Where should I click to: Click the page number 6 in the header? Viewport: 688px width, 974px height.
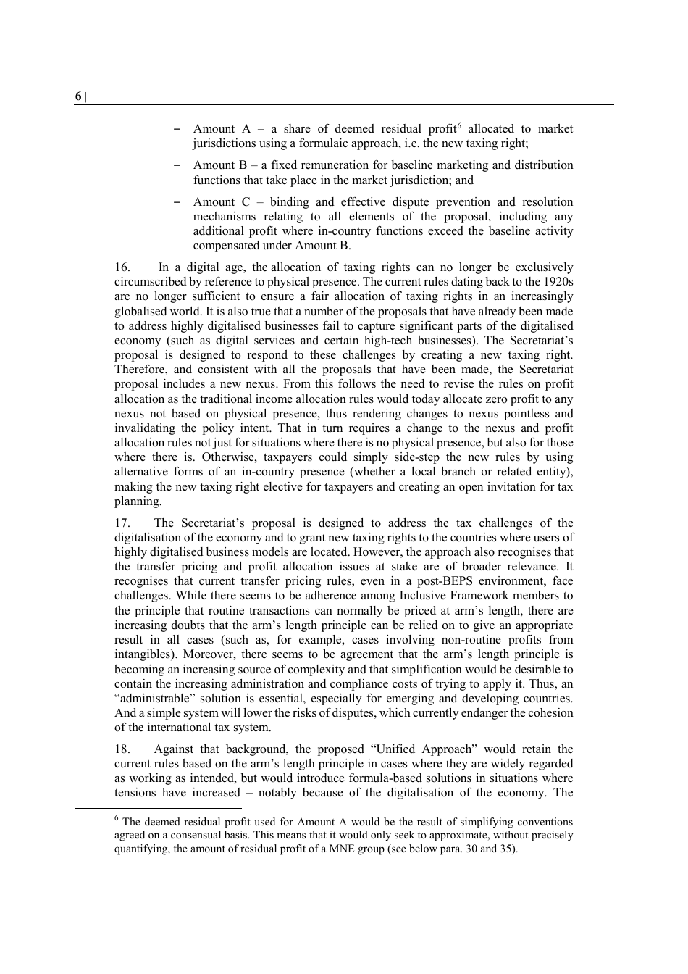(78, 97)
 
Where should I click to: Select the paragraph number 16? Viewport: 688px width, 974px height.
(122, 267)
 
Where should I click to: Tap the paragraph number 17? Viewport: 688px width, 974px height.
(122, 523)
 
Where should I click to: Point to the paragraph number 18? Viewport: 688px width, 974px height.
(122, 749)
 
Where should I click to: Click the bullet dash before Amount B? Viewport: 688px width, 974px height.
(177, 165)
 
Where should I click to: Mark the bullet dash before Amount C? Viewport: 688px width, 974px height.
(177, 202)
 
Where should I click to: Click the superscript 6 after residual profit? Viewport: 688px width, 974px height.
(459, 126)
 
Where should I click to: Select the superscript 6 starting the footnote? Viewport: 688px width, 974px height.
(117, 818)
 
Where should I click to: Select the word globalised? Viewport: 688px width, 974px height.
(143, 311)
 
